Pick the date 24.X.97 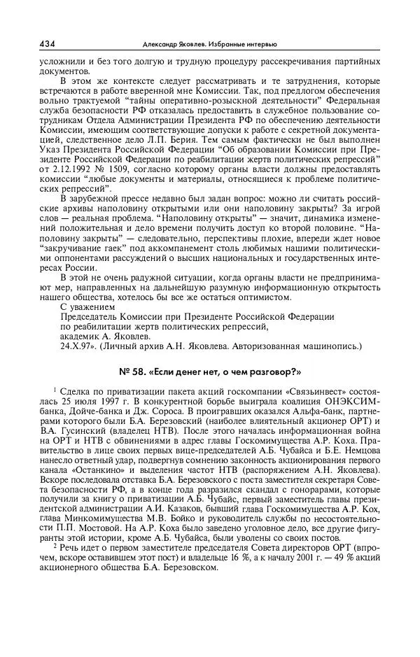click(x=78, y=346)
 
